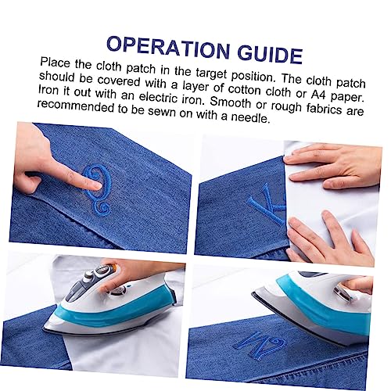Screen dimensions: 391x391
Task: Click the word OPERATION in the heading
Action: (168, 48)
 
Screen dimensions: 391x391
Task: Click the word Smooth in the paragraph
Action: (230, 102)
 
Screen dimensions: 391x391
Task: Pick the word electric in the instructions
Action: (159, 97)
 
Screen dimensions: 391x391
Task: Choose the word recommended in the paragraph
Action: (76, 106)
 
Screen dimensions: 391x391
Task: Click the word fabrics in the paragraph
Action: (324, 108)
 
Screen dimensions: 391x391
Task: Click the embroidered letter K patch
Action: (267, 204)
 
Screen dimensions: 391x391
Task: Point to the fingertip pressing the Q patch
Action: (96, 186)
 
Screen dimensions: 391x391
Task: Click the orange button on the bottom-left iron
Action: (113, 267)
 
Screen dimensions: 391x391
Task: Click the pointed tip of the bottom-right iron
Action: (253, 293)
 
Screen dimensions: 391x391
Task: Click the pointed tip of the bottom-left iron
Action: (44, 328)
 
